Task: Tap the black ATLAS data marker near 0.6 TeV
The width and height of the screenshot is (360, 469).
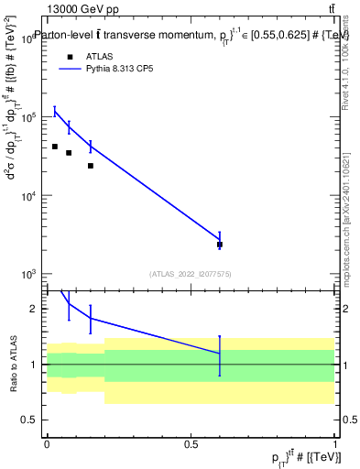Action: coord(220,245)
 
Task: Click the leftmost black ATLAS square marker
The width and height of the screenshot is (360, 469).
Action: coord(55,147)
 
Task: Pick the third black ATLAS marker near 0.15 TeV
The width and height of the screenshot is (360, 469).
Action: coord(90,166)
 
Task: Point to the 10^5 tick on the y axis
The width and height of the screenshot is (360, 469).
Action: coord(36,118)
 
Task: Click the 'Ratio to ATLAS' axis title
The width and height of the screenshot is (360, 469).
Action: coord(13,365)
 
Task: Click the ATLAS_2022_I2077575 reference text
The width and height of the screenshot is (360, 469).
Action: coord(191,273)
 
